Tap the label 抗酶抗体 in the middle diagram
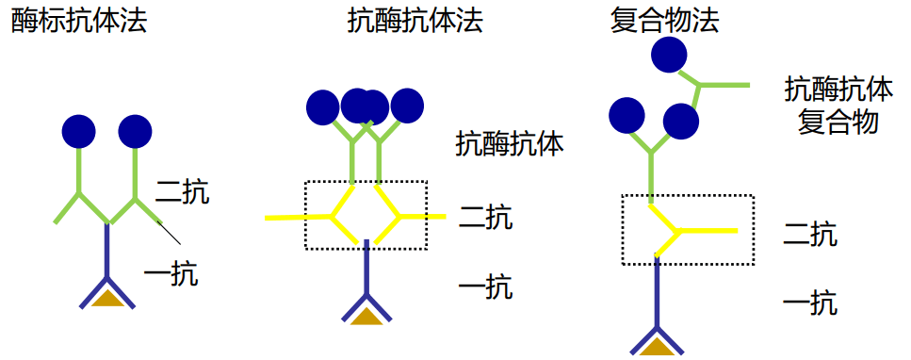click(510, 143)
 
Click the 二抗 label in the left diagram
click(183, 193)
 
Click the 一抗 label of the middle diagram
click(486, 286)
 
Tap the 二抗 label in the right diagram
click(810, 234)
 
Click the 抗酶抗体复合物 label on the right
click(838, 106)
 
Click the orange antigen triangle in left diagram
click(108, 299)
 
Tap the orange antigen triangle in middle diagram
click(366, 316)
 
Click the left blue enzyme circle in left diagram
click(78, 131)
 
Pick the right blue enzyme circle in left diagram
click(136, 131)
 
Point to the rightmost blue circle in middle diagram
click(408, 106)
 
